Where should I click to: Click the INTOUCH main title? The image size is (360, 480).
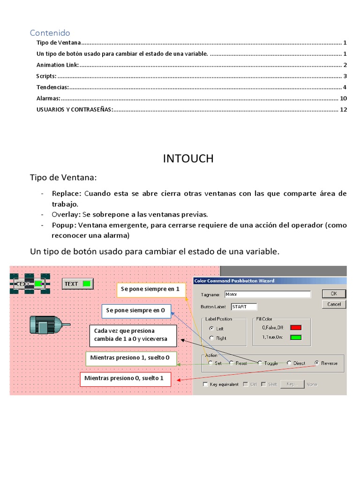[188, 159]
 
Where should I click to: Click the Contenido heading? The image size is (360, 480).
[50, 32]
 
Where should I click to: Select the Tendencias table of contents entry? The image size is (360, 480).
[52, 87]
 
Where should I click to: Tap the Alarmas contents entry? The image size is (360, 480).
[48, 98]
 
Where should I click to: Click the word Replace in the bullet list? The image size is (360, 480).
[67, 194]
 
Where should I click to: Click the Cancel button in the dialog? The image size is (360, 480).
[334, 304]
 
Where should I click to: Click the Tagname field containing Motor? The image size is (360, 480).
[267, 295]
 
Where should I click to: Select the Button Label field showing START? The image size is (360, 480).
[244, 307]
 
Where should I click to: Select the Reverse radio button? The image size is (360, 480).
[317, 363]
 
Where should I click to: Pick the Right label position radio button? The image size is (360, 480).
[211, 338]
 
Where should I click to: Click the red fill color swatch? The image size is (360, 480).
[296, 328]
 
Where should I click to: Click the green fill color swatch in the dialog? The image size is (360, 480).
[296, 337]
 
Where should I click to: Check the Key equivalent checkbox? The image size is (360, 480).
[205, 384]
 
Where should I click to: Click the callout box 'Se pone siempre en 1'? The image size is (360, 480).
[150, 290]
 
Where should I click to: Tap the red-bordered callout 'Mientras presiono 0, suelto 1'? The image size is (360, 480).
[127, 378]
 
